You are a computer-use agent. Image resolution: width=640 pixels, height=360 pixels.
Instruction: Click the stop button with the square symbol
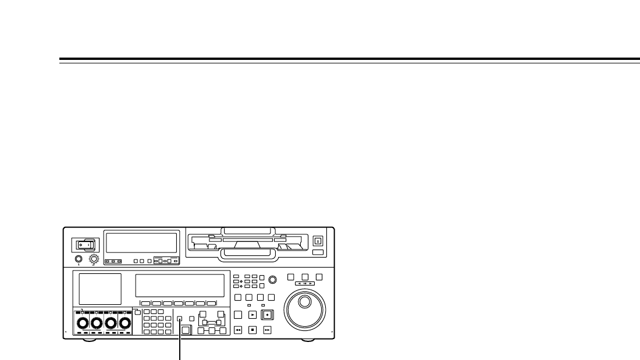[x=253, y=330]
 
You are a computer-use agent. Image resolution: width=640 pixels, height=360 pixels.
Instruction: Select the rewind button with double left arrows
[x=238, y=330]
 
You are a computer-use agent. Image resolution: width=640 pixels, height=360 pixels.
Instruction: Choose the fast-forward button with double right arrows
[x=267, y=330]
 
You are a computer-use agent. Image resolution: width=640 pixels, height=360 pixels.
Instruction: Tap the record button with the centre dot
[x=267, y=315]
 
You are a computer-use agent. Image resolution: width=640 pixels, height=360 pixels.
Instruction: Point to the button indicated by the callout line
[x=180, y=319]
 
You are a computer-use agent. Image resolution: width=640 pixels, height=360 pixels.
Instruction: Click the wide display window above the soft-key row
[x=180, y=285]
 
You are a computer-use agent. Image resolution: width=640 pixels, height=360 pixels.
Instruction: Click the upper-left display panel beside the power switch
[x=140, y=243]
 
